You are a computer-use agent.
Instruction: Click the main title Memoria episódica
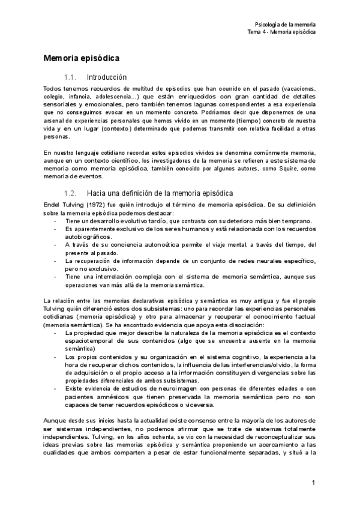82,59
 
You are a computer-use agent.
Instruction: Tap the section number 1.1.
71,77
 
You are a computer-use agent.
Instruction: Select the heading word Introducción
107,77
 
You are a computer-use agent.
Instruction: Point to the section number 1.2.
71,193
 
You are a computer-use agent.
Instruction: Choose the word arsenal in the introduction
55,119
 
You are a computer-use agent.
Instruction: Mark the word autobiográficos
88,237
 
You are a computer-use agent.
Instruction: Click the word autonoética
142,245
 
